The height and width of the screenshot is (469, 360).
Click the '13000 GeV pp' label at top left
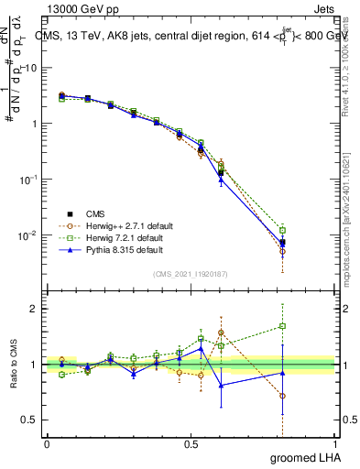tap(77, 8)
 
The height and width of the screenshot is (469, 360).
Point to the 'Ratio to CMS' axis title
tap(15, 365)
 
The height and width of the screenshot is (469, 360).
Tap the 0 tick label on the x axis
tap(47, 443)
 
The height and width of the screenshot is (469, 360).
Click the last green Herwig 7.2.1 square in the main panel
tap(283, 230)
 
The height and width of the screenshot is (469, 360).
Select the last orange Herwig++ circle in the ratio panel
tap(283, 397)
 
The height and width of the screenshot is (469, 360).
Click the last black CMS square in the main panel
tap(283, 243)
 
